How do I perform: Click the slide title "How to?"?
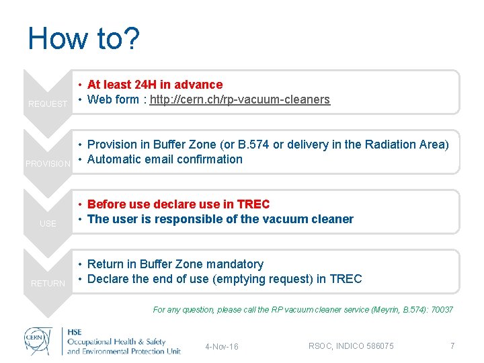[x=83, y=39]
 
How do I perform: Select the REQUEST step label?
[x=48, y=104]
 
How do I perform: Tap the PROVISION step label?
[x=48, y=164]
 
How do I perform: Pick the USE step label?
[x=48, y=224]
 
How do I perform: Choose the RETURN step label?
[x=48, y=284]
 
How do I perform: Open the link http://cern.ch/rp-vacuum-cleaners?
[x=240, y=99]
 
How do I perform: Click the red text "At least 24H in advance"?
[x=155, y=85]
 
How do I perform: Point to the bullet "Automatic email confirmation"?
[x=165, y=159]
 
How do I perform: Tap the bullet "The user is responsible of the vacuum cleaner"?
[x=220, y=219]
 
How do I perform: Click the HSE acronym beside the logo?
[x=77, y=332]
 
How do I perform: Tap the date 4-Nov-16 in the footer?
[x=222, y=347]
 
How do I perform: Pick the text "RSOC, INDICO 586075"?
[x=351, y=346]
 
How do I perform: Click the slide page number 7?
[x=452, y=346]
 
